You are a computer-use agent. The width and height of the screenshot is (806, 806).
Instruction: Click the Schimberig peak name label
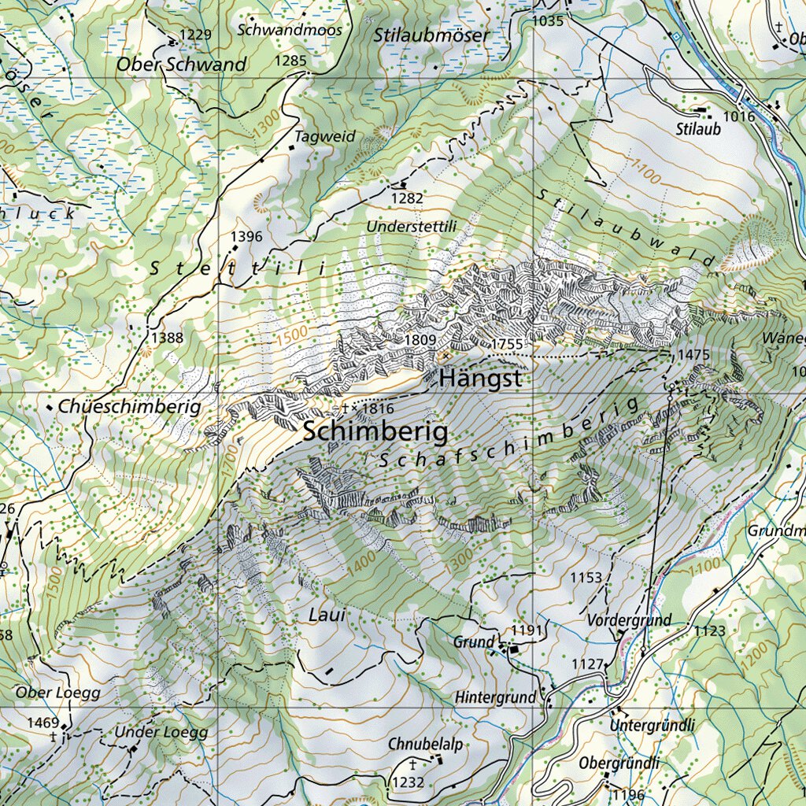point(375,431)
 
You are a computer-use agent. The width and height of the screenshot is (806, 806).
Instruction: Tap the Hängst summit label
point(480,379)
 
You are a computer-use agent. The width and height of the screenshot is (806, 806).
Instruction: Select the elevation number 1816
point(378,409)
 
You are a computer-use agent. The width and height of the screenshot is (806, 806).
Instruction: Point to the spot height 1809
point(420,340)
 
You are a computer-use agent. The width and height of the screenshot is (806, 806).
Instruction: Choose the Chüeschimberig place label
point(130,407)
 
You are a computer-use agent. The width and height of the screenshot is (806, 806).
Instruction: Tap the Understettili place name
point(411,227)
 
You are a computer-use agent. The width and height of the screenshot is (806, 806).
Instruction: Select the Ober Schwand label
point(181,65)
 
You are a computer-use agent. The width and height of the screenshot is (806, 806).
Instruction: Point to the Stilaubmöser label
point(431,35)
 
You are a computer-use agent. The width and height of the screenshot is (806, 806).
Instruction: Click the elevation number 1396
point(246,236)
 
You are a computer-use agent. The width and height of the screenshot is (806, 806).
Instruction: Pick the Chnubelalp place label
point(425,744)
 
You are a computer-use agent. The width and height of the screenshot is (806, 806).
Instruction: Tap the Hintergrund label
point(495,697)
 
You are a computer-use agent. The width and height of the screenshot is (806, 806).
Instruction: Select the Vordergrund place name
point(630,620)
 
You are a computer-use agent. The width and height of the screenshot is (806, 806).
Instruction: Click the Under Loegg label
point(161,732)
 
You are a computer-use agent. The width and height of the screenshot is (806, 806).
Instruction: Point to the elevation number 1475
point(693,355)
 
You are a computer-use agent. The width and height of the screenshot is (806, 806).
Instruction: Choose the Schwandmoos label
point(290,30)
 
